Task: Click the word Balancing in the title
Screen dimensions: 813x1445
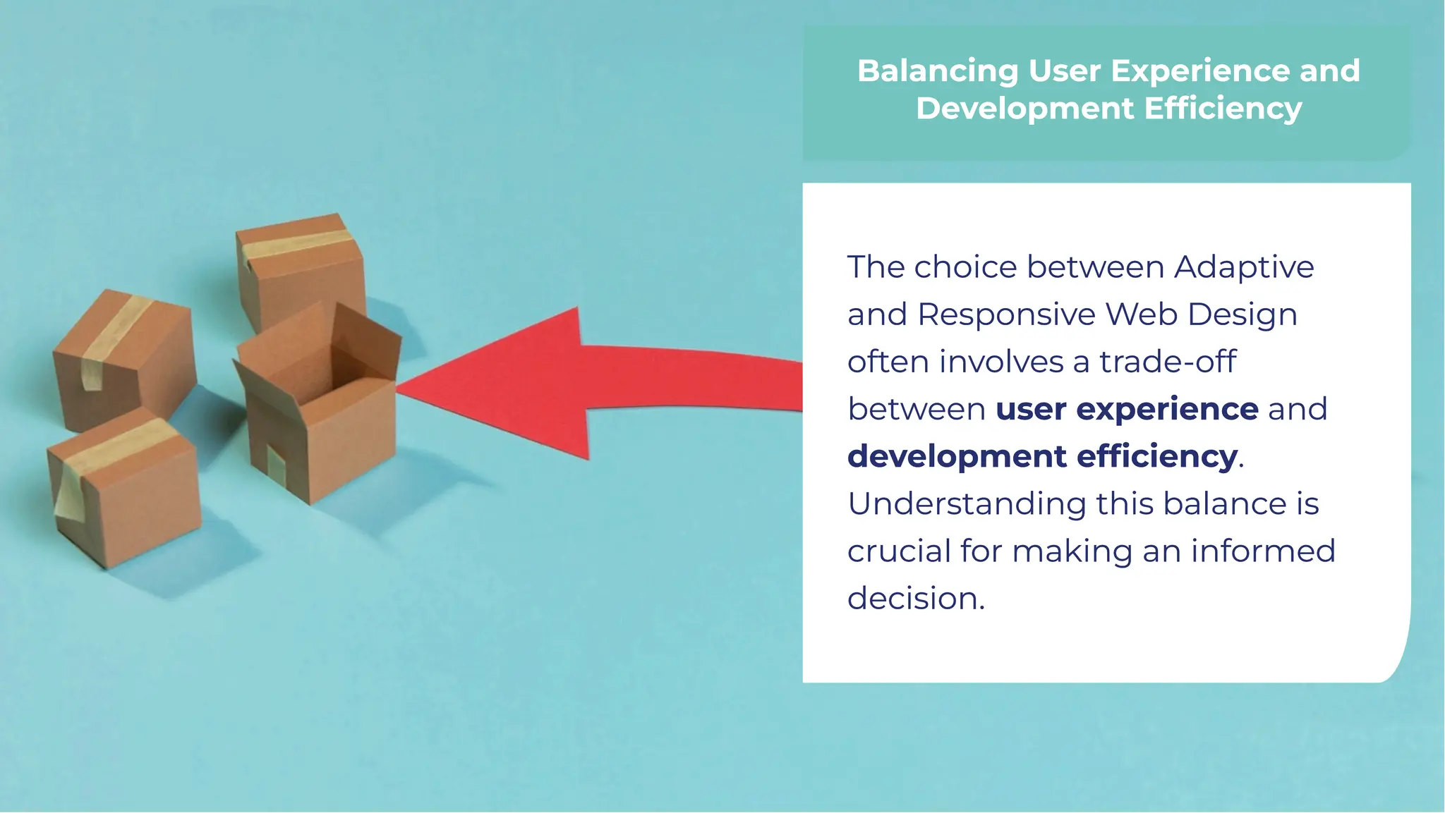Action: pyautogui.click(x=937, y=71)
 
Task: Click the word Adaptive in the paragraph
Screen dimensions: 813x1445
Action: pyautogui.click(x=1243, y=267)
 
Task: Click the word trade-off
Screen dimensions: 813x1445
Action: pyautogui.click(x=1167, y=362)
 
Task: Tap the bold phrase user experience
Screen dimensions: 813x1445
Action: pyautogui.click(x=1126, y=409)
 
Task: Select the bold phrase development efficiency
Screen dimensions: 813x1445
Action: pyautogui.click(x=1042, y=456)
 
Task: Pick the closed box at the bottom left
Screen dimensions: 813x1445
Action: pyautogui.click(x=123, y=490)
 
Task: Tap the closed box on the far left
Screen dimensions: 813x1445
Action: pyautogui.click(x=123, y=356)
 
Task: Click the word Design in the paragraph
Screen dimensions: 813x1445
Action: pyautogui.click(x=1242, y=314)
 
